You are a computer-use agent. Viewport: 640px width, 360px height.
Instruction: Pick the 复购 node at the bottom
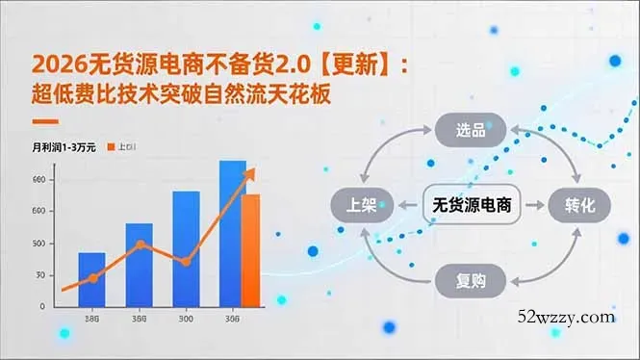471,280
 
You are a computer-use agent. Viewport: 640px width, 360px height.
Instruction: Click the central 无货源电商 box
471,205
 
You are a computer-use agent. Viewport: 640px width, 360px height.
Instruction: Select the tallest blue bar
233,232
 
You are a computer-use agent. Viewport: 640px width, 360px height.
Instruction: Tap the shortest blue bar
91,278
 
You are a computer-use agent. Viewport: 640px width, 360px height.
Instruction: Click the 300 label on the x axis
185,320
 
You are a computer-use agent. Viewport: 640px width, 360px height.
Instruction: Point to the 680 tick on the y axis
38,180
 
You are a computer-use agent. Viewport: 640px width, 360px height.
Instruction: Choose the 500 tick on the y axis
38,243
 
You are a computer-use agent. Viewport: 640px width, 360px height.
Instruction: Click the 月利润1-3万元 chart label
64,147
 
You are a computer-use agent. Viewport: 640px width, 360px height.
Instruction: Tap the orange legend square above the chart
109,147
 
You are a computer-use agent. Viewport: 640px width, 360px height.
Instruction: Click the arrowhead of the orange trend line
252,171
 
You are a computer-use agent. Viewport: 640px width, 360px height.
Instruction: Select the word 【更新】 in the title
356,65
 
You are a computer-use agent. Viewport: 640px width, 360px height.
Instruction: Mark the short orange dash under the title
45,121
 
